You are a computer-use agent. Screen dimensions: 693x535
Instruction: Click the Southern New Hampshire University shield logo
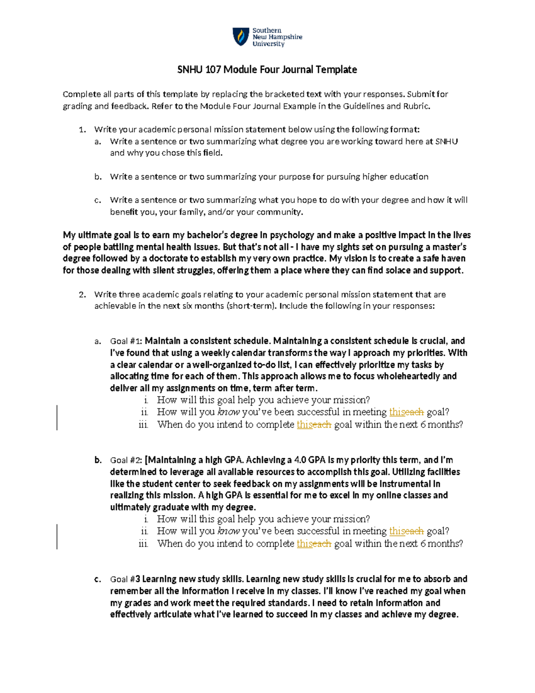(x=241, y=37)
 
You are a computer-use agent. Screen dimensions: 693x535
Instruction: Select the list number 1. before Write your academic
(x=82, y=130)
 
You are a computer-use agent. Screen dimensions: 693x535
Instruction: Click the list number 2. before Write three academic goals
(x=82, y=295)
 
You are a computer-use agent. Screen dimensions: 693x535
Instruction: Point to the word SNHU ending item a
(x=446, y=141)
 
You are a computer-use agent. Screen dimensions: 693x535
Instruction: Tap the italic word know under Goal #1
(x=228, y=412)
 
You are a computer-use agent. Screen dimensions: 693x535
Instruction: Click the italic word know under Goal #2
(x=228, y=531)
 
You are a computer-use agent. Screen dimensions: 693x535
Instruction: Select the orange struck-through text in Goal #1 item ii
(x=415, y=412)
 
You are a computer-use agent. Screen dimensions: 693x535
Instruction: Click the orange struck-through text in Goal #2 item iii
(x=322, y=544)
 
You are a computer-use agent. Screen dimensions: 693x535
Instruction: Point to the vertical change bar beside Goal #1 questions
(x=57, y=417)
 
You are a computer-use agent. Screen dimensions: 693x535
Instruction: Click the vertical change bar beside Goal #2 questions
(x=57, y=536)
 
